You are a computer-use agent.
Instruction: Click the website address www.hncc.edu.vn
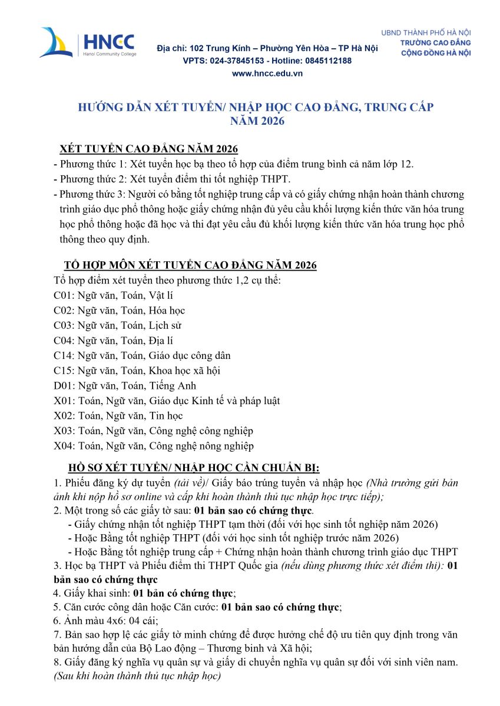[267, 73]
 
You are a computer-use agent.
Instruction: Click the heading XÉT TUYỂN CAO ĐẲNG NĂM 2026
[149, 148]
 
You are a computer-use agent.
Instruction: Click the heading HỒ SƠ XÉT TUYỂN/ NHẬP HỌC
[194, 468]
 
